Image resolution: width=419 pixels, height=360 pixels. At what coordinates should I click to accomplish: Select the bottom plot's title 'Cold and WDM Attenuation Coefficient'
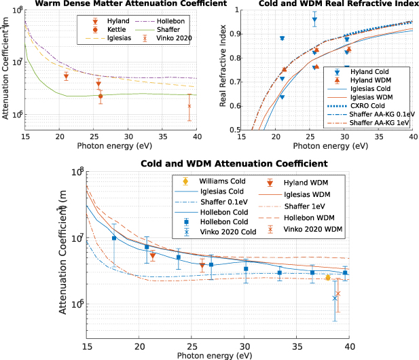click(234, 164)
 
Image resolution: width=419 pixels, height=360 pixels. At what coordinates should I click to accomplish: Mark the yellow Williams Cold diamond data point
click(327, 278)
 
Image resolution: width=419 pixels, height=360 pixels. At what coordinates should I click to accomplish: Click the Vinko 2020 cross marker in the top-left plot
click(189, 106)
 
